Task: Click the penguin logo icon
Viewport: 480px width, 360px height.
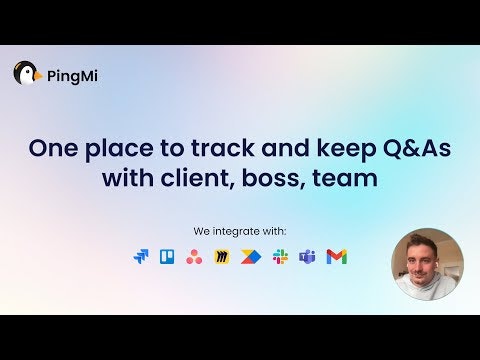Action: tap(27, 73)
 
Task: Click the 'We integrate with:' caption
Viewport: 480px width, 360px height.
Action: tap(240, 231)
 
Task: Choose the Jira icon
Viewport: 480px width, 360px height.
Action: tap(140, 257)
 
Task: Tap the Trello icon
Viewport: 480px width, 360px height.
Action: tap(167, 257)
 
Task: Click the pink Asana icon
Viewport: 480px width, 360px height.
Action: tap(195, 257)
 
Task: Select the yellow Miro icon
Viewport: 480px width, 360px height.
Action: tap(223, 257)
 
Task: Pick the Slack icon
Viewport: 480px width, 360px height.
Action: tap(280, 257)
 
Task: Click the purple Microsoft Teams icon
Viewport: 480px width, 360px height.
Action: tap(308, 257)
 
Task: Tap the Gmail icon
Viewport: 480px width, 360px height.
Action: tap(337, 257)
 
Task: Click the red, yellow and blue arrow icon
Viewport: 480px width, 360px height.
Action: tap(251, 257)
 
